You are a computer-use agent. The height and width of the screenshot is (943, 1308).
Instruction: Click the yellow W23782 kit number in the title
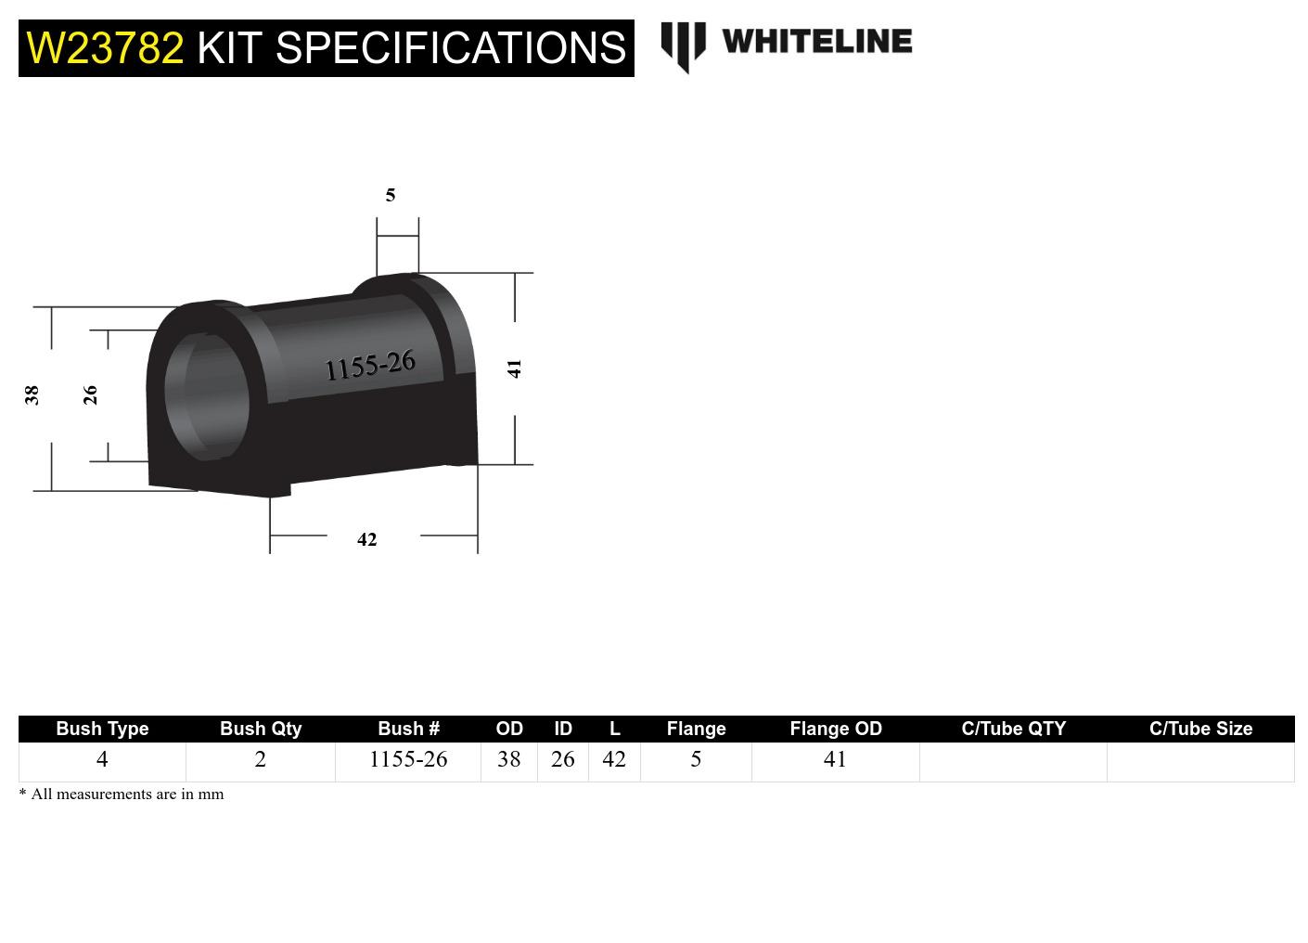click(x=105, y=48)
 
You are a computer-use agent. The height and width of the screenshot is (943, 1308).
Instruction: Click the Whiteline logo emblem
click(x=683, y=45)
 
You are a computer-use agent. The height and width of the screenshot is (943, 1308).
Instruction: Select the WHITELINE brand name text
click(x=816, y=41)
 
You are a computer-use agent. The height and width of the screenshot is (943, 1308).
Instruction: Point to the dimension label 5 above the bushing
click(x=391, y=195)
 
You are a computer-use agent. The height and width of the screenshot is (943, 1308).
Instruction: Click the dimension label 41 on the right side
click(x=515, y=368)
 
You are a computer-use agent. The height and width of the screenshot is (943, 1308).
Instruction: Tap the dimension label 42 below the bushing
click(x=367, y=539)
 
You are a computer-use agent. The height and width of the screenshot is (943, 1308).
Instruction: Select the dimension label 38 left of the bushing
click(x=32, y=395)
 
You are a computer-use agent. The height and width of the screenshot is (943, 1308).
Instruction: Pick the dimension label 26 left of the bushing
click(x=90, y=395)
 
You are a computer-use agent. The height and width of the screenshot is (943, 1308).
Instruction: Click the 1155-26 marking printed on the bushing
click(x=370, y=366)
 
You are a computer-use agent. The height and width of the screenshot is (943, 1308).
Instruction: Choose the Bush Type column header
click(x=102, y=729)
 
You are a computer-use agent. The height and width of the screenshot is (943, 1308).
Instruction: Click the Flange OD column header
click(x=835, y=729)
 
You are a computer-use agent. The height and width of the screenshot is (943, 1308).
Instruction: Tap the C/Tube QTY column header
click(x=1013, y=729)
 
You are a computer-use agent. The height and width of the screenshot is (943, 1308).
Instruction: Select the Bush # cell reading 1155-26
click(x=408, y=759)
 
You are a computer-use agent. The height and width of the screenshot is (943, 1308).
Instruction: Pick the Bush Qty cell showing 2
click(x=261, y=759)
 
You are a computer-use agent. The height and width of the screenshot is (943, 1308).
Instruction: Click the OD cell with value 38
click(x=508, y=759)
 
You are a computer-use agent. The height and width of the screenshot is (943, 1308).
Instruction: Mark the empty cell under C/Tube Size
click(x=1200, y=761)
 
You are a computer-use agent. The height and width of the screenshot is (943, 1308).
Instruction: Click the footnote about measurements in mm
click(x=122, y=794)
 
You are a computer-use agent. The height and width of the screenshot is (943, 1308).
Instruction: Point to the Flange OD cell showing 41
click(x=835, y=759)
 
